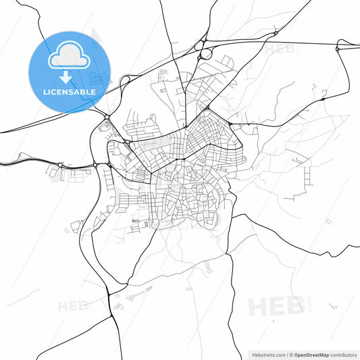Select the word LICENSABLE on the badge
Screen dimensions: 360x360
coord(70,91)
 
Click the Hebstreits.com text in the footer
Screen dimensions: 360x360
coord(269,354)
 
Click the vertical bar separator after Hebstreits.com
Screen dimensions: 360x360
coord(287,354)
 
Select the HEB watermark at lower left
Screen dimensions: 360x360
coord(73,306)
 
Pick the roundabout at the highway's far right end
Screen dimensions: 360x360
coord(338,48)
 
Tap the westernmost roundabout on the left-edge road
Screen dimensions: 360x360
coord(61,165)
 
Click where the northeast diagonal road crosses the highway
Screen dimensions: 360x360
coord(275,32)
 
